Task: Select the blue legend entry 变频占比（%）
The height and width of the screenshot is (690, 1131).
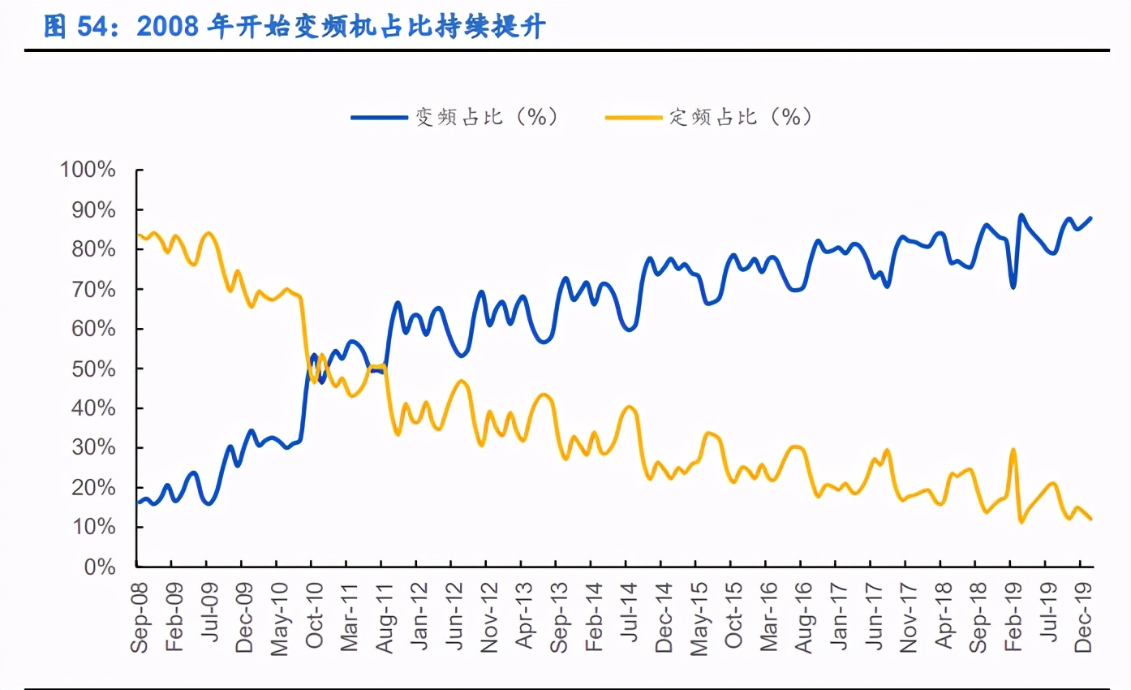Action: click(455, 117)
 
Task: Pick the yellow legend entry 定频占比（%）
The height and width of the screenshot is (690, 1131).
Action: click(709, 117)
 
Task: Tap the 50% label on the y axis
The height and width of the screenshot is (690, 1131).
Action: click(92, 369)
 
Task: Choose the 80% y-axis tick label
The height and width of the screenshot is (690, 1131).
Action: click(92, 249)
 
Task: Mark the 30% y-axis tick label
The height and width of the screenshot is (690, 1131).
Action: click(92, 448)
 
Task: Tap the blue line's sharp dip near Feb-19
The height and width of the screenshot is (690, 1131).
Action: click(1013, 287)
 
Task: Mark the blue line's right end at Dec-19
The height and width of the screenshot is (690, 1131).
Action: click(1091, 218)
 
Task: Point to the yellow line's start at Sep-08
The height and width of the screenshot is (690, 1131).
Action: click(137, 235)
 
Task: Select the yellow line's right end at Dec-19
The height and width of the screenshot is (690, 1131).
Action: click(1091, 519)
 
